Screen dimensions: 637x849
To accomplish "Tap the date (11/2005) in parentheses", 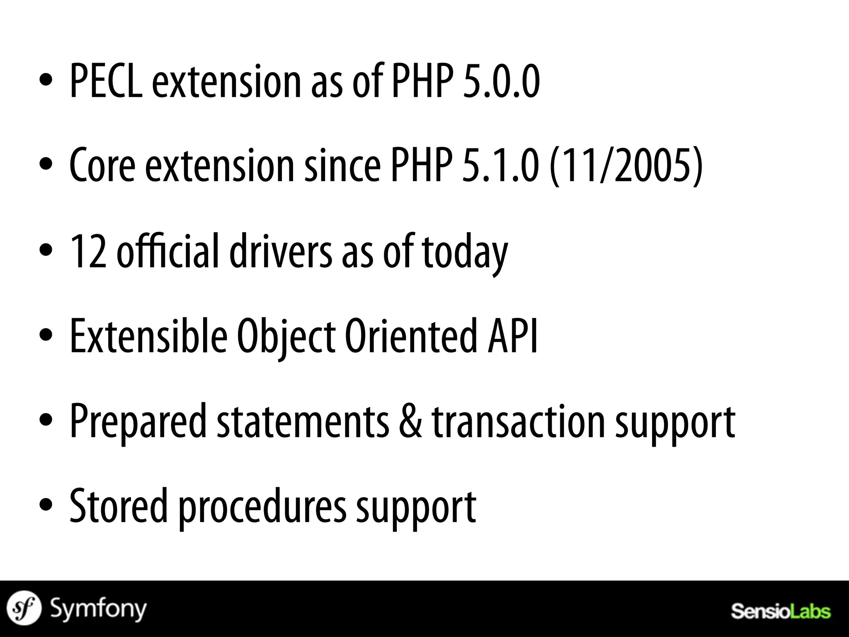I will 626,166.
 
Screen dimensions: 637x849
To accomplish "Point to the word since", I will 342,166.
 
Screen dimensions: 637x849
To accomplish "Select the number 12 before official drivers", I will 88,251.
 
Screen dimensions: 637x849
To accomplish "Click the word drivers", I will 281,251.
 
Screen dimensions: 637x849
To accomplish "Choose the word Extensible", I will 148,336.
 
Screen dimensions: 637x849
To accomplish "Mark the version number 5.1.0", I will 501,166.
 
